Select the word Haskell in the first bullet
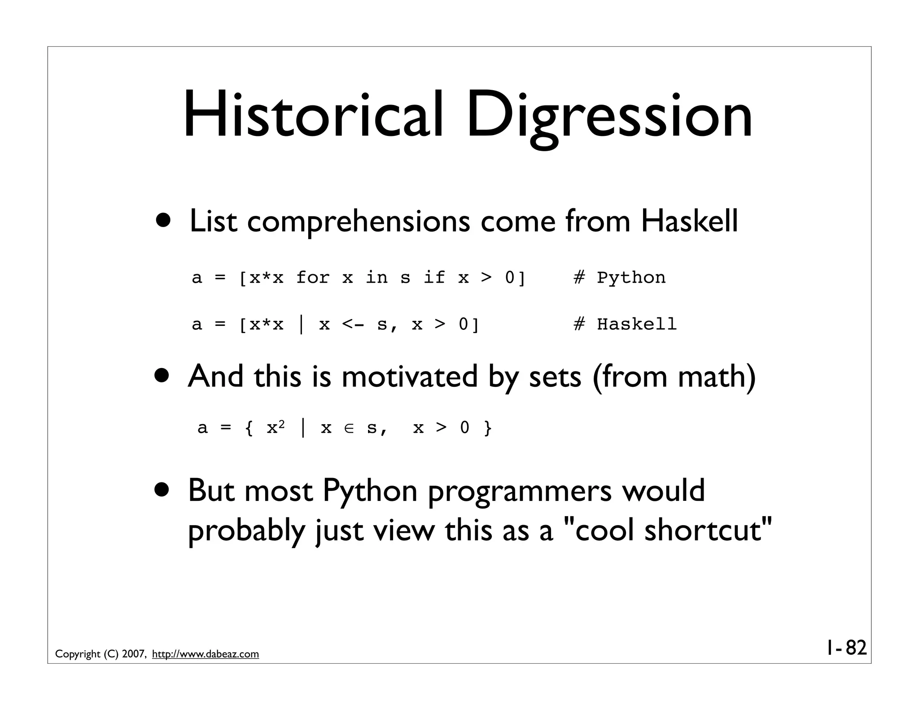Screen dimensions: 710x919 [x=689, y=221]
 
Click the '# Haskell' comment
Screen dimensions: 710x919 [x=625, y=324]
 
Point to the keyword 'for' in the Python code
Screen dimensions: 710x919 [x=313, y=277]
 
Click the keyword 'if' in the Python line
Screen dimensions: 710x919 [x=434, y=277]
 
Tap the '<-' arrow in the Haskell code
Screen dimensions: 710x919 [x=353, y=324]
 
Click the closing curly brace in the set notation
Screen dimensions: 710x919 [x=488, y=428]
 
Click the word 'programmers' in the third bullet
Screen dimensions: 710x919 [x=520, y=491]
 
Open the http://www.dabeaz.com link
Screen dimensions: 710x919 [x=206, y=654]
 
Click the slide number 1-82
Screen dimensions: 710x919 [x=845, y=648]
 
